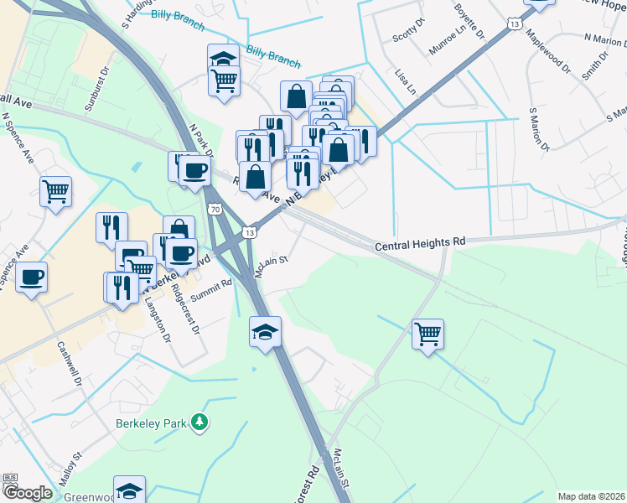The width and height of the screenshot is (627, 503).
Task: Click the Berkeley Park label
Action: (150, 423)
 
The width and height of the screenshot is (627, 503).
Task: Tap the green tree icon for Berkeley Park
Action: (199, 423)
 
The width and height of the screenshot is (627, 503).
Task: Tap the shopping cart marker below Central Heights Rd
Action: (428, 334)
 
